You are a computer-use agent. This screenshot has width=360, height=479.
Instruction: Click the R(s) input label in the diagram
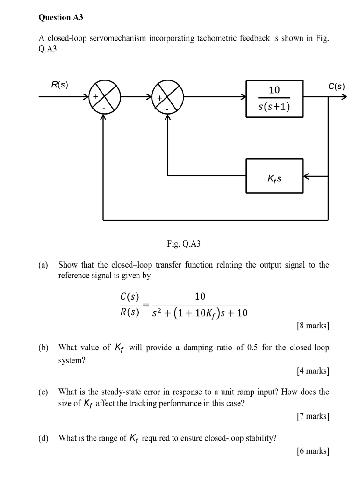(x=59, y=86)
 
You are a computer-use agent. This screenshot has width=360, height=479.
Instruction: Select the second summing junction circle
(x=167, y=98)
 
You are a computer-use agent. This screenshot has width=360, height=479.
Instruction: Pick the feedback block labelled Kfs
(x=274, y=176)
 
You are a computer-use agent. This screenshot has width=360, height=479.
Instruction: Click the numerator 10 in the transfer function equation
(x=200, y=296)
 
